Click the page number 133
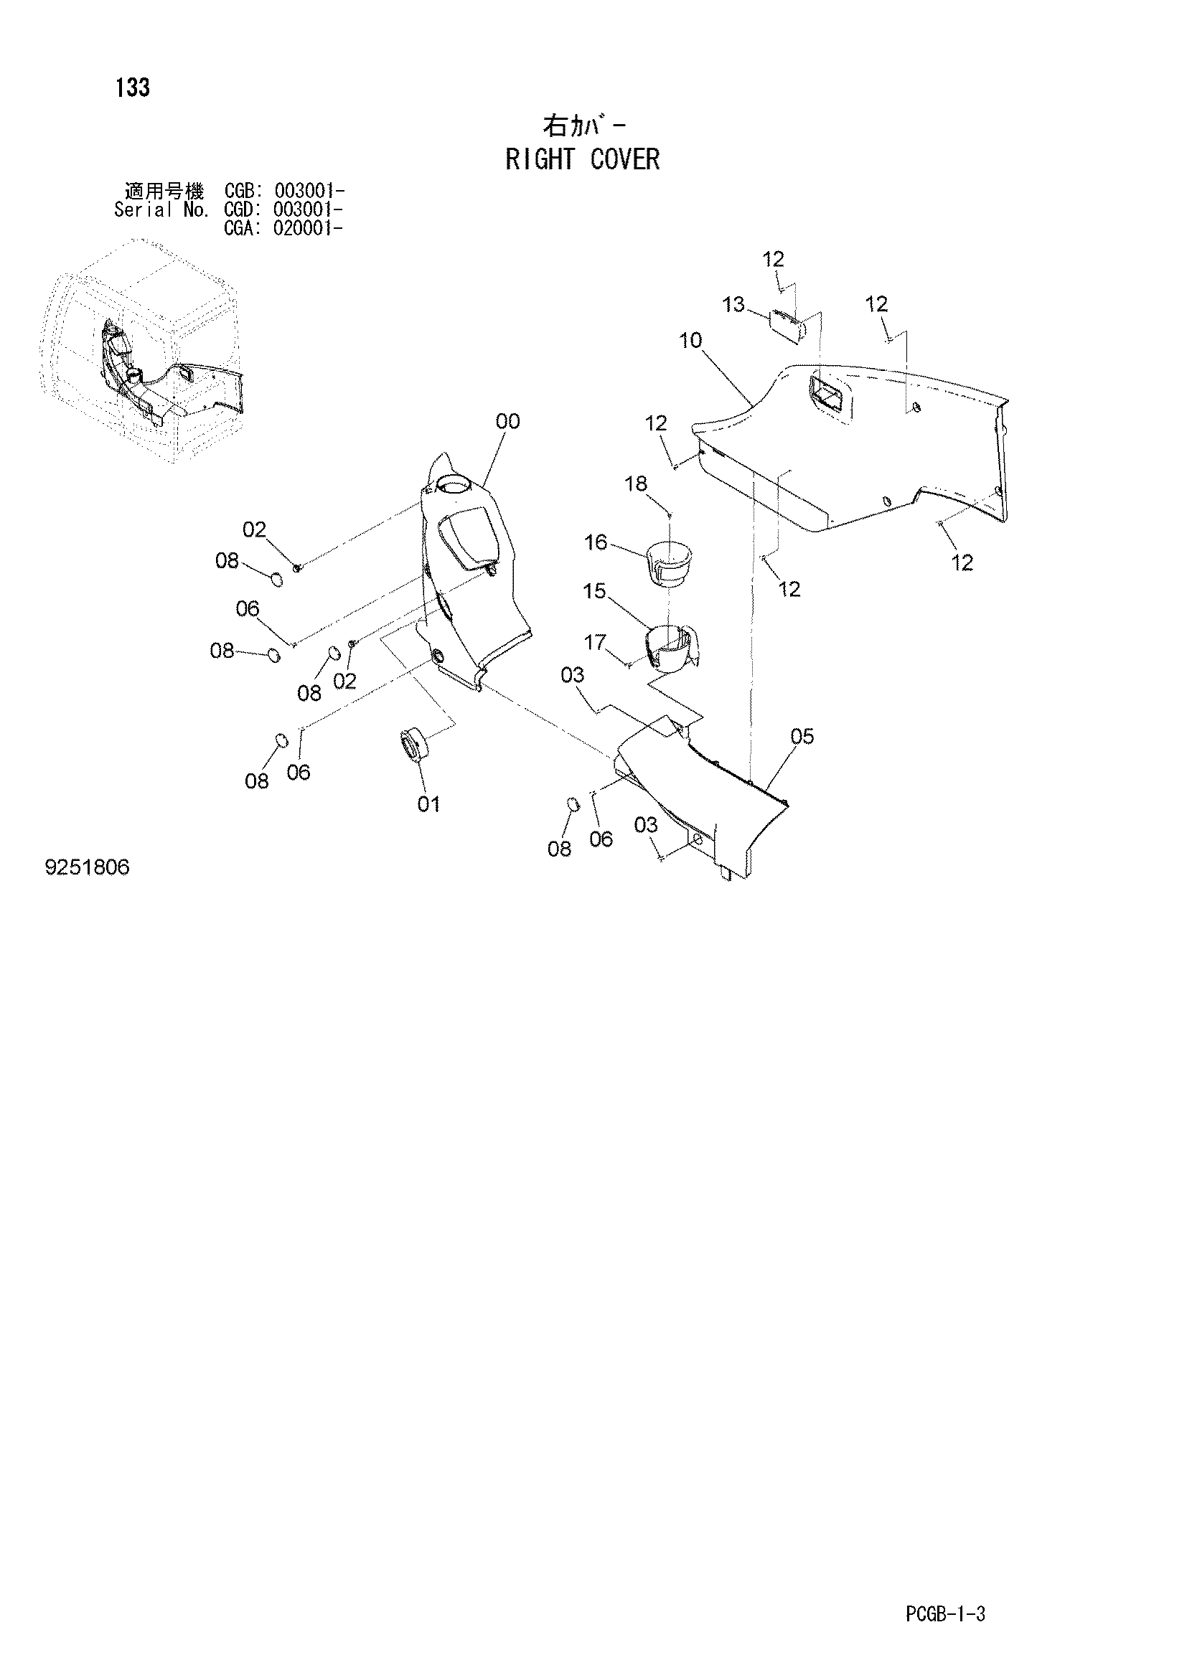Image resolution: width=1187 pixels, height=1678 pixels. (132, 88)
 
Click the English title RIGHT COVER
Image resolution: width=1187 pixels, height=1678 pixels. (583, 159)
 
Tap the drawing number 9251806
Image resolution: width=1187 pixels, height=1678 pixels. (87, 867)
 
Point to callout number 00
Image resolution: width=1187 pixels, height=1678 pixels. (507, 421)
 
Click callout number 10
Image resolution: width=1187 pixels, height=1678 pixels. (690, 340)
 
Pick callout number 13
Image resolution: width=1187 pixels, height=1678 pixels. (733, 304)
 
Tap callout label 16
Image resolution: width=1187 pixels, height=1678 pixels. (596, 542)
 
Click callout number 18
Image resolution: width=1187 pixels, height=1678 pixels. (636, 483)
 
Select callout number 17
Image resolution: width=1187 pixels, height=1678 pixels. (595, 642)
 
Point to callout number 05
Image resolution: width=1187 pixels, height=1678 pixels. (802, 736)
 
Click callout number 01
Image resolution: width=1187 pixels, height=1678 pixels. (429, 804)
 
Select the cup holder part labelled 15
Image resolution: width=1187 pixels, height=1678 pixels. (671, 647)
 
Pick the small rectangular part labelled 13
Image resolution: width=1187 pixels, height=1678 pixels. (789, 326)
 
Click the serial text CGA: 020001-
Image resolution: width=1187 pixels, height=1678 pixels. (283, 228)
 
